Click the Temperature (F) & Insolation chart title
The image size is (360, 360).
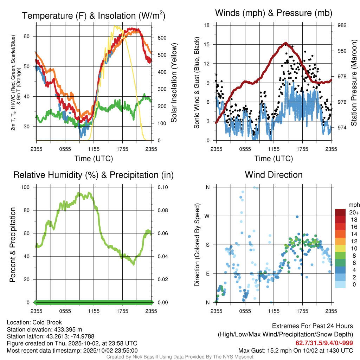pos(94,15)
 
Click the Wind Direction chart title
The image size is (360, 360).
pos(274,175)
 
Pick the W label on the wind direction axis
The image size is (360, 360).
pos(207,216)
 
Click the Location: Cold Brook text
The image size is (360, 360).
pos(34,322)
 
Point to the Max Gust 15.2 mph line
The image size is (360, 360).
pos(295,350)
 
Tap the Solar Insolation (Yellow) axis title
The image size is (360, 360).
pos(174,83)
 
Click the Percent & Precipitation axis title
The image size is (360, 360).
pos(13,245)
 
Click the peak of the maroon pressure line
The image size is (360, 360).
pos(285,43)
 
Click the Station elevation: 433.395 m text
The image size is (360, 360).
pos(44,329)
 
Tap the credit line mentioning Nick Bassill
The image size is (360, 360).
pos(180,357)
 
